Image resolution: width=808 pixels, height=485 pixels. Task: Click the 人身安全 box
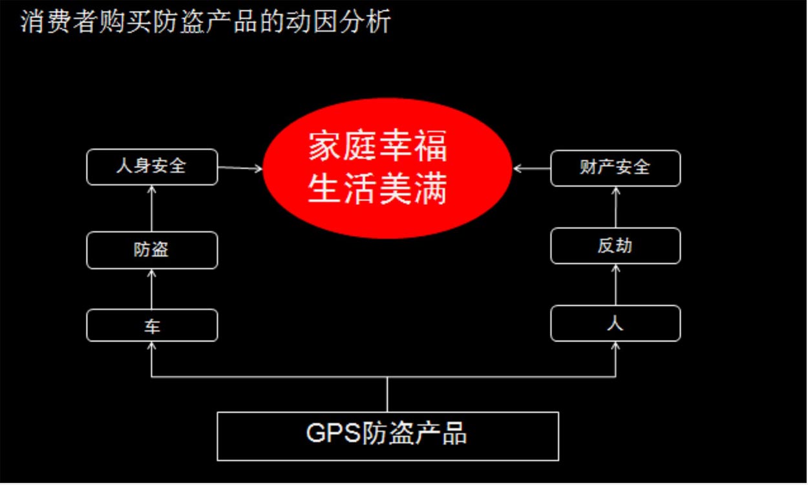point(152,167)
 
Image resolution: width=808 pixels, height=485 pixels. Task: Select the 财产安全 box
point(615,167)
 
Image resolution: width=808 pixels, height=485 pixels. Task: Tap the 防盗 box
point(152,250)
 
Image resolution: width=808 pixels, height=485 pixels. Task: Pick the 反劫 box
point(615,246)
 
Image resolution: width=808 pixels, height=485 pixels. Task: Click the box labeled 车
point(152,325)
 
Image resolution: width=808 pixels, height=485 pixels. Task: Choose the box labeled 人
point(615,323)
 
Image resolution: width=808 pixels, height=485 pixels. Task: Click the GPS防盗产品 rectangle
point(388,436)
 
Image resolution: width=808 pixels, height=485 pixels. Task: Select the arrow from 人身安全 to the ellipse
point(240,169)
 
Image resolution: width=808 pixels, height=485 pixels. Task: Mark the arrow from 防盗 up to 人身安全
point(152,208)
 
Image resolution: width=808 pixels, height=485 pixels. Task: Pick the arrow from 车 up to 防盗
point(152,289)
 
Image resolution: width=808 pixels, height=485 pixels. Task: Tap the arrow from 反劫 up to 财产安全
point(615,207)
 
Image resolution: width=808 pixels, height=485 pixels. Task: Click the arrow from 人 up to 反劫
point(615,285)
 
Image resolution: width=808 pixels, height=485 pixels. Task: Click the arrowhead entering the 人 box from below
point(615,347)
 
